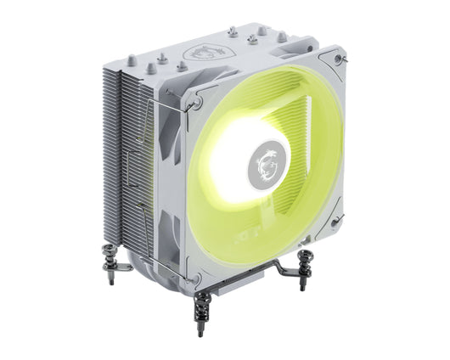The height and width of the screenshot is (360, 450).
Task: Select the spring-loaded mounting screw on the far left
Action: point(111,260)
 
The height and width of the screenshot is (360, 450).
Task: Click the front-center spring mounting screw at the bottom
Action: point(202,310)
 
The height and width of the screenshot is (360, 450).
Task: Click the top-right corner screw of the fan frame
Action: point(340,60)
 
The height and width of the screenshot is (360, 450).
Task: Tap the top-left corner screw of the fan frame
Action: point(196,103)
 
